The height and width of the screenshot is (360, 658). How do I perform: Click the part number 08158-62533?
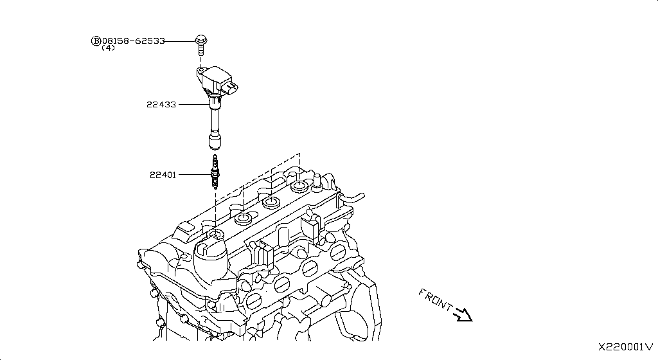click(133, 40)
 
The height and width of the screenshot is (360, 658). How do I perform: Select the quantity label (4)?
click(108, 48)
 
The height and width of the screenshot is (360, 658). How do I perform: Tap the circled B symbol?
click(96, 41)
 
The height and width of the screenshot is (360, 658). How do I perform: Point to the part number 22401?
click(163, 174)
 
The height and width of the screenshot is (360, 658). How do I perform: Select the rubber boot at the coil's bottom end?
click(214, 140)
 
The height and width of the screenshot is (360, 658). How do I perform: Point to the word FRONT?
click(435, 299)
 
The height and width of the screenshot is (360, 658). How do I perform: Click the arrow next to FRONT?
click(463, 314)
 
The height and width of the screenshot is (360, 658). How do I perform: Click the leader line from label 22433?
click(193, 104)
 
